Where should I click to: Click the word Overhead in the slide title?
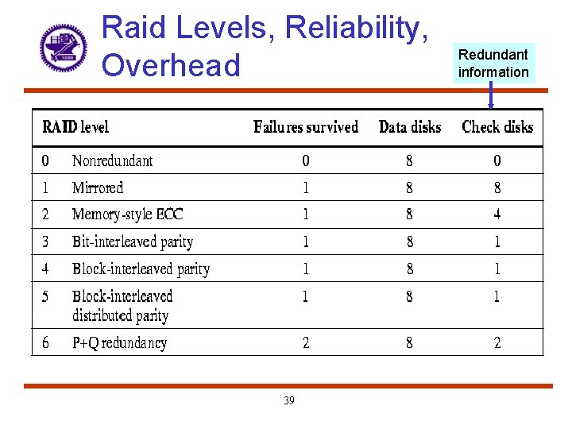click(x=171, y=65)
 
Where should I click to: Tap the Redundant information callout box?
click(x=493, y=64)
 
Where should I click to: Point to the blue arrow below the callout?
click(x=491, y=95)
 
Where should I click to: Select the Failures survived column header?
click(x=306, y=127)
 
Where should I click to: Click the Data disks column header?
click(x=410, y=127)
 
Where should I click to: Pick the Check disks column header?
click(x=497, y=127)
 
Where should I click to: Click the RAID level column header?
click(x=75, y=127)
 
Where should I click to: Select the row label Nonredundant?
click(x=112, y=161)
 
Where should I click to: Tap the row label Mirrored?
click(x=98, y=188)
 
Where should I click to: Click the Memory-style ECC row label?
click(x=127, y=214)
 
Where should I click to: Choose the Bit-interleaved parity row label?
click(x=133, y=242)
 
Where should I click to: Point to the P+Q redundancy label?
click(x=119, y=343)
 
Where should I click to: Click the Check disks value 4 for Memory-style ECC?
click(x=497, y=214)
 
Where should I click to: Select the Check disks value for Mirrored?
click(x=497, y=188)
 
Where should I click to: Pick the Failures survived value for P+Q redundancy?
click(x=306, y=343)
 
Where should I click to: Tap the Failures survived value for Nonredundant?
click(x=306, y=161)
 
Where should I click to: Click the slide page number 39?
click(x=288, y=401)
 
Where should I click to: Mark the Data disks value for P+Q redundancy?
click(x=410, y=343)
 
